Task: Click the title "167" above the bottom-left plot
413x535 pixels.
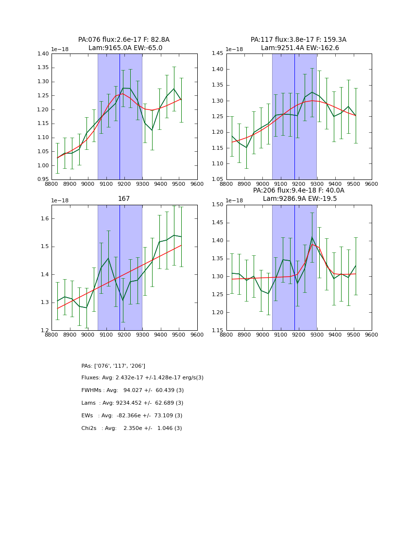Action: tap(124, 199)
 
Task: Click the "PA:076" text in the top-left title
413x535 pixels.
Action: tap(88, 40)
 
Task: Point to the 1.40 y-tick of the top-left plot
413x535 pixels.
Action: tap(43, 53)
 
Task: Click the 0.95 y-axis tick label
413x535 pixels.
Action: tap(43, 179)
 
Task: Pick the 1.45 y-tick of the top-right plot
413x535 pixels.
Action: tap(218, 53)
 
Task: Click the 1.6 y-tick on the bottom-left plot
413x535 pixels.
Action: tap(45, 219)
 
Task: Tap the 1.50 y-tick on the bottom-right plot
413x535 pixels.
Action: tap(218, 205)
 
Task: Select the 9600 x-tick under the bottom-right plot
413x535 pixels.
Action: tap(371, 335)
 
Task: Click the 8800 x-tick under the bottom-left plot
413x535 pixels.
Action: tap(52, 335)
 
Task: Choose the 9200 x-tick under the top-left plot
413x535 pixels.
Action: tap(124, 184)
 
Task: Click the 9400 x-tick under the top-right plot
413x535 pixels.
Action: tap(335, 184)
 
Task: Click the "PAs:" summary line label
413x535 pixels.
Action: tap(87, 366)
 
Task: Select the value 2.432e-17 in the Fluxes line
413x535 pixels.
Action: tap(131, 378)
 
